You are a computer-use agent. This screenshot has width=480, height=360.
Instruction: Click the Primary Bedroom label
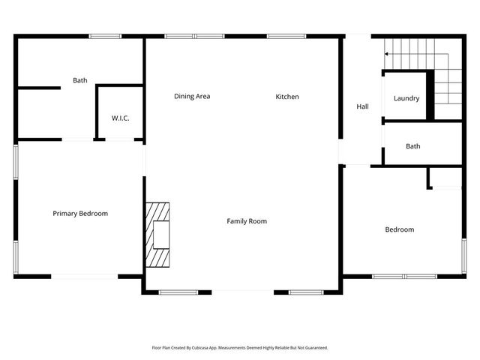(80, 214)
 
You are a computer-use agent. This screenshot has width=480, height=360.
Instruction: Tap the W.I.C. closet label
(121, 118)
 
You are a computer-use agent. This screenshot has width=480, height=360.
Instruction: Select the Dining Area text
(192, 96)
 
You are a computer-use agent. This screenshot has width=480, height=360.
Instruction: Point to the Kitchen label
(287, 96)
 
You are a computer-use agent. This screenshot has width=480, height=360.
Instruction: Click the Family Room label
(247, 221)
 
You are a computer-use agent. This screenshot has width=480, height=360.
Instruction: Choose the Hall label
(362, 107)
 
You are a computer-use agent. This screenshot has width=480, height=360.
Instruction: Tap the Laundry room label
(406, 98)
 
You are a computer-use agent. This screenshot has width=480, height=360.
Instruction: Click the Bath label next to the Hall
(413, 146)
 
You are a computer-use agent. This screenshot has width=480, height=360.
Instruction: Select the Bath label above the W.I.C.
(80, 79)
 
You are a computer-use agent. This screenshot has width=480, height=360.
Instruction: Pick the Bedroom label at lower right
(399, 229)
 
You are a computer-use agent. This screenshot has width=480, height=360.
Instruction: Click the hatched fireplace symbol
(158, 235)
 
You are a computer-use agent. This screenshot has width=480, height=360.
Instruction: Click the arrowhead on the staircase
(387, 54)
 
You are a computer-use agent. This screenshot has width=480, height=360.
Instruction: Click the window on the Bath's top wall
(105, 35)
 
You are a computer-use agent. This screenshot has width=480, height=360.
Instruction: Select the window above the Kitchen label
(281, 35)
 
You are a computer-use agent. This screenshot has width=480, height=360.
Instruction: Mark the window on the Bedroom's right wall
(464, 256)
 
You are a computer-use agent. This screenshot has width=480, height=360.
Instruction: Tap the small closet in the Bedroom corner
(445, 178)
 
